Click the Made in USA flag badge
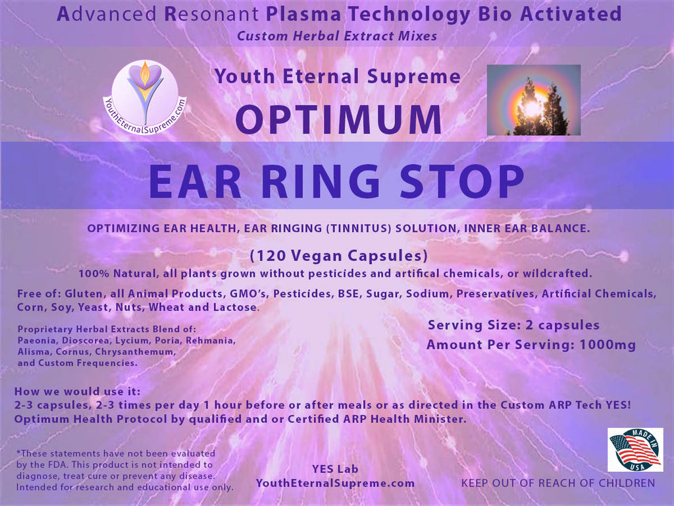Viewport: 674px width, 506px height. click(635, 449)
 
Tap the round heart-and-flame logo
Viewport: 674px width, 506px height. click(145, 97)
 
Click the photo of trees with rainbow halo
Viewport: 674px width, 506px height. click(533, 100)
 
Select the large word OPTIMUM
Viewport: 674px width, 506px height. click(339, 119)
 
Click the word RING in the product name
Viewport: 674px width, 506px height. click(321, 182)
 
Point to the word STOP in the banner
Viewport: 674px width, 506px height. click(461, 182)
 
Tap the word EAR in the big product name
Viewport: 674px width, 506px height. click(195, 182)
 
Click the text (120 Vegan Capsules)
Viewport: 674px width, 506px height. click(339, 256)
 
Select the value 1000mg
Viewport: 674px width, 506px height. click(608, 345)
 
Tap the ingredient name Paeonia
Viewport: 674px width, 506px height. click(37, 341)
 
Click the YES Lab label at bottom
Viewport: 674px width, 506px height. click(335, 469)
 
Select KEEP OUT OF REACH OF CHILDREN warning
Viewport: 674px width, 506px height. click(558, 483)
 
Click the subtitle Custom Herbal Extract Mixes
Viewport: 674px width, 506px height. click(337, 36)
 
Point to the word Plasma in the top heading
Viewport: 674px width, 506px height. click(303, 14)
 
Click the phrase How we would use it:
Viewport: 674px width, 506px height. click(78, 391)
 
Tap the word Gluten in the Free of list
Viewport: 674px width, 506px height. click(84, 294)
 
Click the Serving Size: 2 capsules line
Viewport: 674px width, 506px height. click(513, 325)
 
